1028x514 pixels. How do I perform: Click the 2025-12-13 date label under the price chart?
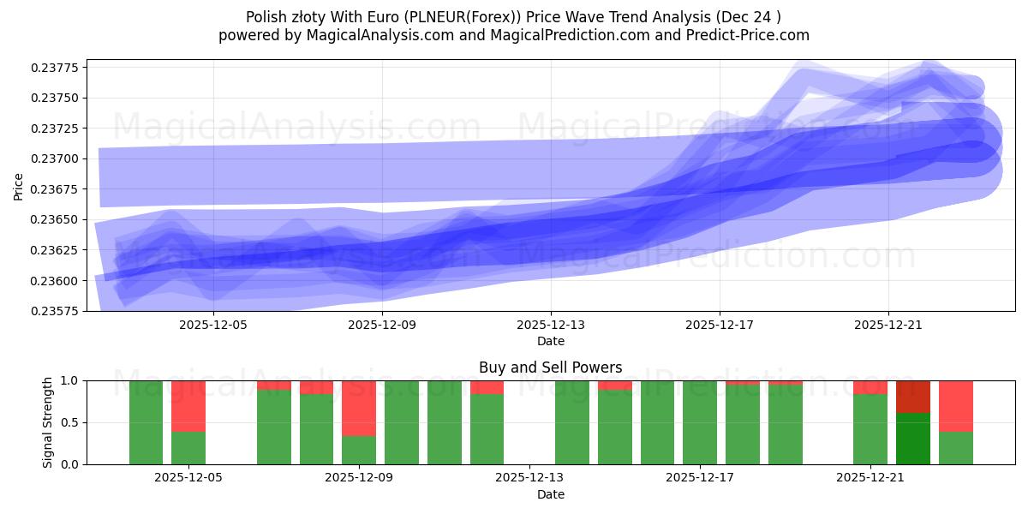coord(550,325)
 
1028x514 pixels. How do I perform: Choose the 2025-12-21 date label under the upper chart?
coord(888,325)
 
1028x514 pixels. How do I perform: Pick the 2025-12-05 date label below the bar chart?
coord(188,478)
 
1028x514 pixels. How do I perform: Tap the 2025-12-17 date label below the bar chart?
coord(700,478)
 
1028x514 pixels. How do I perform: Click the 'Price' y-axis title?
coord(18,186)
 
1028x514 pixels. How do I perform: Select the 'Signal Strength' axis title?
coord(48,422)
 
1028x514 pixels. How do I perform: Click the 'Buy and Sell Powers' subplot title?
coord(550,368)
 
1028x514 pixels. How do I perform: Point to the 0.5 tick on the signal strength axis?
coord(70,422)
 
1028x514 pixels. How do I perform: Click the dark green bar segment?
coord(912,439)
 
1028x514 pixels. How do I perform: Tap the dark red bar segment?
coord(912,397)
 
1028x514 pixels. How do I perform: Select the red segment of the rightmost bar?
coord(955,405)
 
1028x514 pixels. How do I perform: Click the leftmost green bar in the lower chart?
coord(146,422)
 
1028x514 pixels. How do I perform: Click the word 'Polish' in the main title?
coord(266,17)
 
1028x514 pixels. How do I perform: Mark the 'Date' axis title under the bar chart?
coord(550,494)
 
